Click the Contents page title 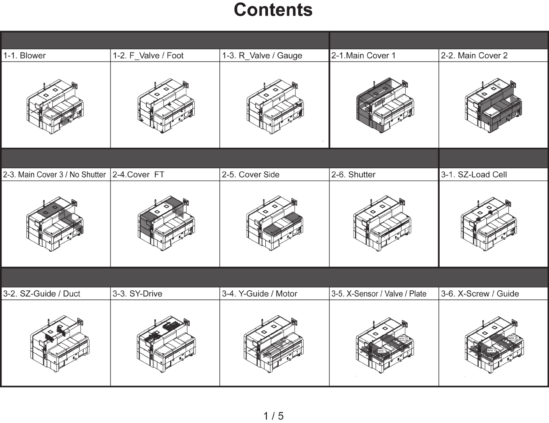[x=273, y=10]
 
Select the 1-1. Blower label [x=24, y=55]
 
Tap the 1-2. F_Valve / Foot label [x=148, y=55]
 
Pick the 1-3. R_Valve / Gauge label [x=262, y=55]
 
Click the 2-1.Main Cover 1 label [x=363, y=55]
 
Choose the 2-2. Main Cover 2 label [x=474, y=55]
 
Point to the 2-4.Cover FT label [x=138, y=175]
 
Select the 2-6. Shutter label [x=353, y=175]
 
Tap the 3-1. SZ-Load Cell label [x=474, y=175]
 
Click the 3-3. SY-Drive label [x=137, y=294]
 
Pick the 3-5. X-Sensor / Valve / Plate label [x=379, y=294]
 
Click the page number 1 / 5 [x=274, y=416]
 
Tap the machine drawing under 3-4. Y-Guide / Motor [x=274, y=343]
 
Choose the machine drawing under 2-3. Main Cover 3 [x=55, y=224]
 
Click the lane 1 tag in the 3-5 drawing [x=382, y=351]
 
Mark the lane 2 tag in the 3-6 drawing [x=512, y=338]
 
